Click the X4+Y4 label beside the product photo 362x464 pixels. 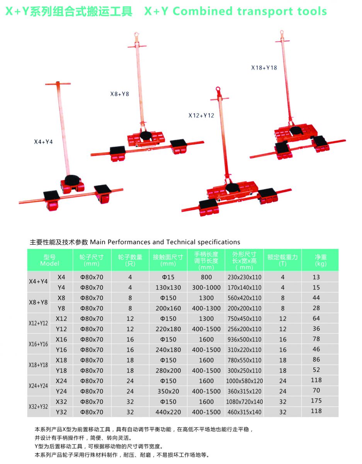(x=43, y=142)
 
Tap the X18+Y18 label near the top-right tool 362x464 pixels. (x=264, y=68)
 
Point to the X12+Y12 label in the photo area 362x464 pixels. (x=201, y=115)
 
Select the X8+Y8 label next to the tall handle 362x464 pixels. (x=120, y=94)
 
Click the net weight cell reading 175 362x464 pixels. (x=316, y=401)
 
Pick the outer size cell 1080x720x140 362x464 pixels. (x=244, y=402)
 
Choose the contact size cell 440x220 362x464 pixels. (x=168, y=412)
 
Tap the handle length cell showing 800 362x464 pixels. (x=206, y=277)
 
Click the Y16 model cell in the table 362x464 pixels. (x=61, y=350)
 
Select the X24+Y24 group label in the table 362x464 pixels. (x=39, y=386)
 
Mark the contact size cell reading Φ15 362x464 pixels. (x=168, y=277)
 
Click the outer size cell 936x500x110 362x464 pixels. (x=244, y=339)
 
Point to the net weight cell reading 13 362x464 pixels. (x=316, y=277)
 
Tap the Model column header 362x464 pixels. (x=50, y=260)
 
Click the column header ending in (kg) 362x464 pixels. (x=321, y=260)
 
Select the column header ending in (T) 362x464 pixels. (x=282, y=260)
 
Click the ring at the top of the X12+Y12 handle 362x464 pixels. (x=219, y=89)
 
